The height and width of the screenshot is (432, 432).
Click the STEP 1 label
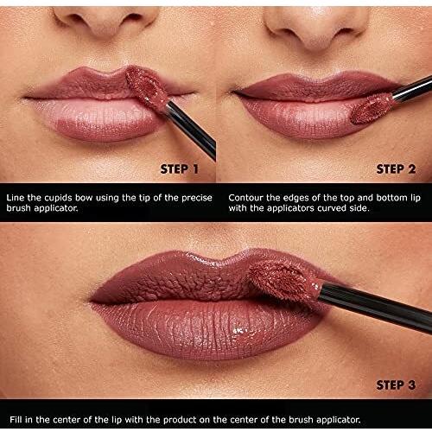[x=179, y=169]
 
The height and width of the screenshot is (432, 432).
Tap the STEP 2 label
[x=396, y=169]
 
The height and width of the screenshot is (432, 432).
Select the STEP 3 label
[x=396, y=385]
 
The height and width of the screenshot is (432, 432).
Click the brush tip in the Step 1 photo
[x=145, y=86]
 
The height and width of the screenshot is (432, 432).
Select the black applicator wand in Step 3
[x=374, y=306]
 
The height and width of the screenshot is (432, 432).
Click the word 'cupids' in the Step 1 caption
[x=58, y=199]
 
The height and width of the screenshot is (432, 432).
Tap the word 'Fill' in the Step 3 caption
[x=16, y=419]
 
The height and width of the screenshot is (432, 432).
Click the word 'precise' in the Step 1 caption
[x=197, y=199]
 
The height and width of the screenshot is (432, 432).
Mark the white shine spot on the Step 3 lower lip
[x=239, y=331]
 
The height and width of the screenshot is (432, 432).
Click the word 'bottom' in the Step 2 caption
[x=392, y=198]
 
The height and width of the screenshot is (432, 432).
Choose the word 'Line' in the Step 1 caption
[x=15, y=198]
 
